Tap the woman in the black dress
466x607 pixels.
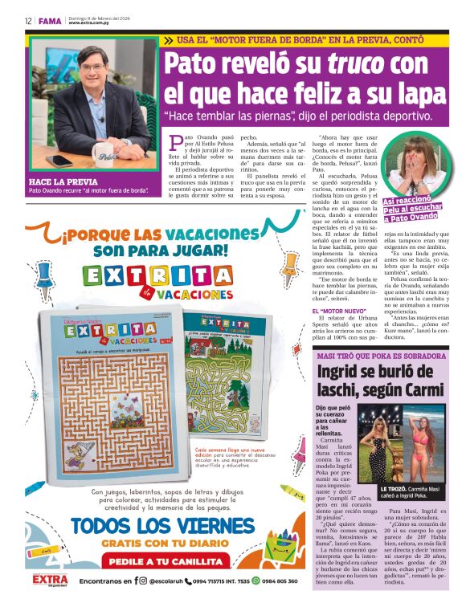(x=378, y=450)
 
